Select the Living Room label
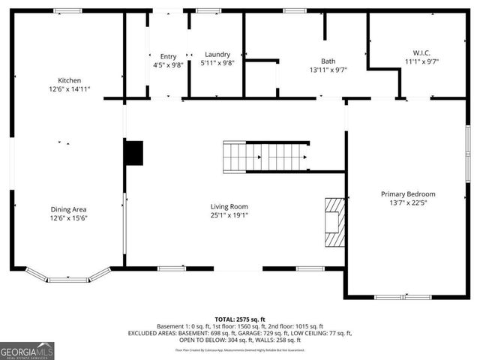pyautogui.click(x=229, y=206)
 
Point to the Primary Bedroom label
pyautogui.click(x=408, y=194)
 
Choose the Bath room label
pyautogui.click(x=328, y=61)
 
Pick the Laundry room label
pyautogui.click(x=217, y=55)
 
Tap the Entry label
pyautogui.click(x=168, y=56)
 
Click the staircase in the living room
pyautogui.click(x=265, y=157)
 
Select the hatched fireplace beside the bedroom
pyautogui.click(x=334, y=222)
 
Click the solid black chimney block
pyautogui.click(x=133, y=153)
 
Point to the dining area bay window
pyautogui.click(x=68, y=277)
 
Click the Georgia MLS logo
pyautogui.click(x=27, y=350)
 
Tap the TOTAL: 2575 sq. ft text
pyautogui.click(x=239, y=318)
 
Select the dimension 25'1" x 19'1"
pyautogui.click(x=229, y=215)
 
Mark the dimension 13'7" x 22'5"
pyautogui.click(x=408, y=203)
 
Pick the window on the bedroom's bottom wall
pyautogui.click(x=403, y=297)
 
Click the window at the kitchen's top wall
pyautogui.click(x=67, y=10)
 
